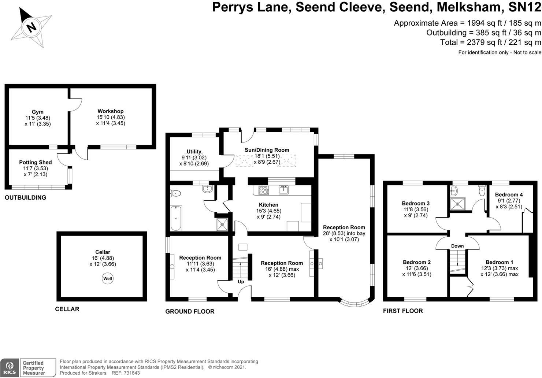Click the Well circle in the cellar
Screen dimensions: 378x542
[x=108, y=279]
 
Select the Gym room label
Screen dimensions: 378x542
[x=37, y=112]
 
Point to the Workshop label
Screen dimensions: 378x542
[x=111, y=111]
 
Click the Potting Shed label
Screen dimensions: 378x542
[x=36, y=162]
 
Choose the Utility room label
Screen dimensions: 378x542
[x=194, y=152]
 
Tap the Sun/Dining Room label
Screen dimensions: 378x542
[x=267, y=150]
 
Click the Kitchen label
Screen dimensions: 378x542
[x=268, y=205]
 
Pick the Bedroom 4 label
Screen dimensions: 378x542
[x=509, y=194]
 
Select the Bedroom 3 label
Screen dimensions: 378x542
[x=416, y=203]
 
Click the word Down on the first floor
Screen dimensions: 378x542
[x=457, y=246]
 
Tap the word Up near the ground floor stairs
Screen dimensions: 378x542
[x=241, y=282]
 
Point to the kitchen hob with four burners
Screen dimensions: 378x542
[x=263, y=190]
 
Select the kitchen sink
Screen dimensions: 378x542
[x=283, y=190]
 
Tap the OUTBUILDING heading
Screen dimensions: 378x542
[x=25, y=198]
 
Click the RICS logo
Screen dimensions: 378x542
[x=10, y=367]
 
